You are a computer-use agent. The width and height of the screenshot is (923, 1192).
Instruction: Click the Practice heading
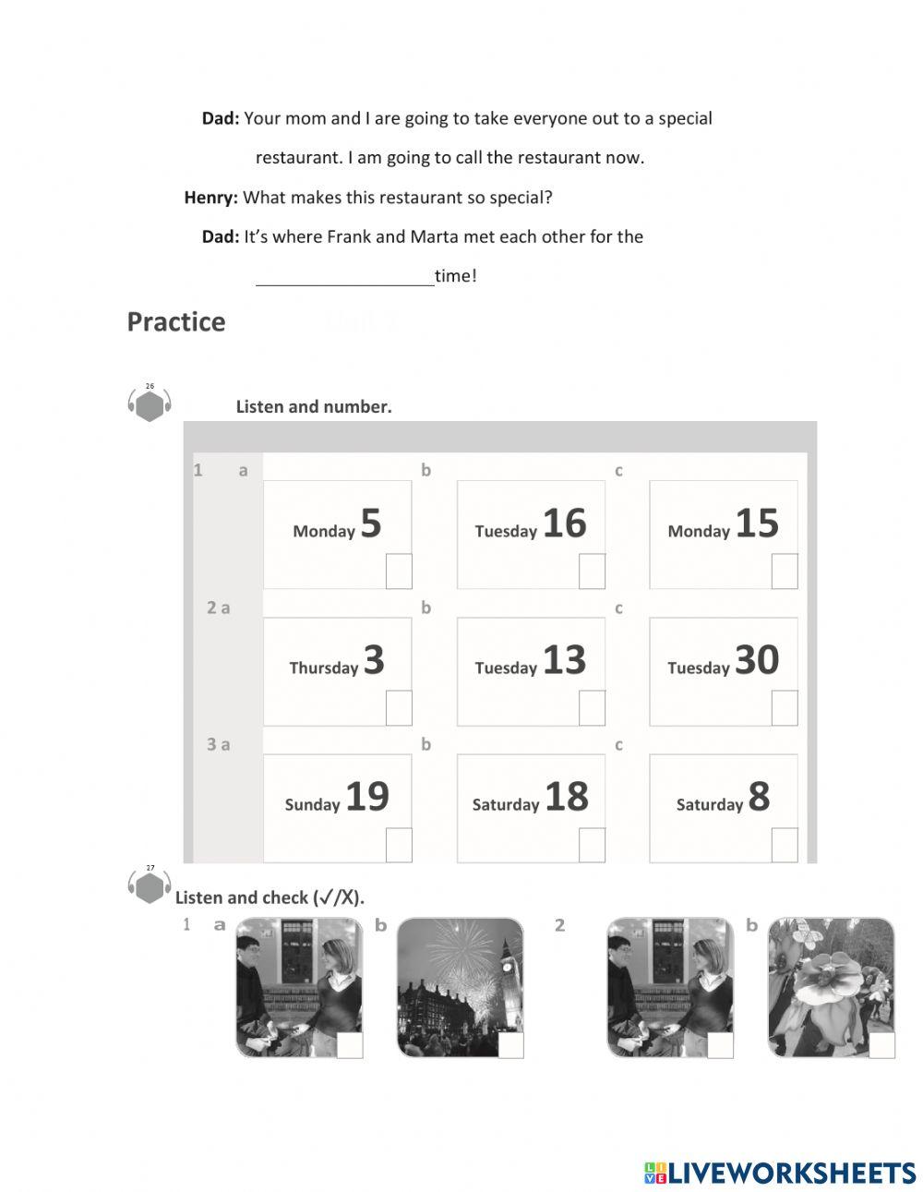point(175,321)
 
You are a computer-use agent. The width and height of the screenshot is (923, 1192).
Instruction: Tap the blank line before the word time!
point(344,277)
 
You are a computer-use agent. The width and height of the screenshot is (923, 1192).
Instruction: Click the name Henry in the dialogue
point(210,198)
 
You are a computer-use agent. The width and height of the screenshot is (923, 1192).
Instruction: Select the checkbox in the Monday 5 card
point(399,572)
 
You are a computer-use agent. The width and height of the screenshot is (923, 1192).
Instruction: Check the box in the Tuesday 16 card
point(592,572)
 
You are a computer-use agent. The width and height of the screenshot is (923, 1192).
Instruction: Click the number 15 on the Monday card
point(757,524)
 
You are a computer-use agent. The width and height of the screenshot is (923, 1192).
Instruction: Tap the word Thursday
point(323,668)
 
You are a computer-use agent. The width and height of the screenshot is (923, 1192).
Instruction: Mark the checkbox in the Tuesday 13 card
point(592,708)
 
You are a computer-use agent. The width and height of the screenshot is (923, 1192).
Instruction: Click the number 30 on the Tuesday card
point(757,660)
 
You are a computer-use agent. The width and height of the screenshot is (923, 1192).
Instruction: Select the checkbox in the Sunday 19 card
point(399,845)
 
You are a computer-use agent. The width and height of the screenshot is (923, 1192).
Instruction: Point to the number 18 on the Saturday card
point(566,797)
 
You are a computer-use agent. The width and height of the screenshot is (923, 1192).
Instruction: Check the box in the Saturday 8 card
point(785,845)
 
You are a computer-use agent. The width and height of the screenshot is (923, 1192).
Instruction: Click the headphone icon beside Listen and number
point(150,404)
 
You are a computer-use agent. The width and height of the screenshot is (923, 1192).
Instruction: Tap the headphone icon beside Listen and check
point(150,886)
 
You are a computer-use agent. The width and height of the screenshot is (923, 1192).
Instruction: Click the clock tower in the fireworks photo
point(508,969)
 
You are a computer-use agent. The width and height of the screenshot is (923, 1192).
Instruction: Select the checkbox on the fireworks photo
point(510,1045)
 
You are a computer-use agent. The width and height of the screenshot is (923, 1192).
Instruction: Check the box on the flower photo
point(882,1045)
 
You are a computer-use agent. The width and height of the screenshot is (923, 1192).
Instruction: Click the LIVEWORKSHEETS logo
point(780,1173)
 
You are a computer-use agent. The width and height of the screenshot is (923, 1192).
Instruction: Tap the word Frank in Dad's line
point(349,237)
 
